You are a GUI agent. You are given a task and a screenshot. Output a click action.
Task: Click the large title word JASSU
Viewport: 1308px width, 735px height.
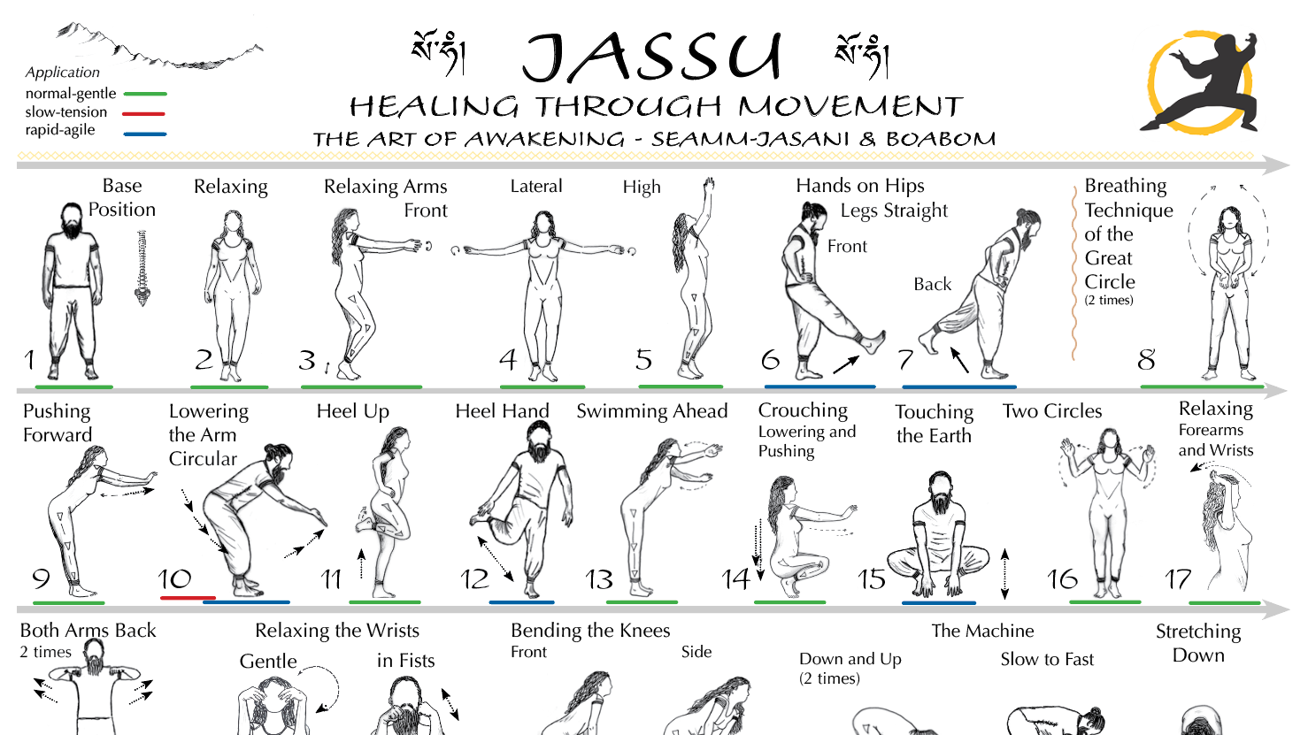click(x=652, y=57)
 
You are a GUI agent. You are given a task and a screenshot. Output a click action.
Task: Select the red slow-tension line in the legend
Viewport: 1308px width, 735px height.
click(x=144, y=113)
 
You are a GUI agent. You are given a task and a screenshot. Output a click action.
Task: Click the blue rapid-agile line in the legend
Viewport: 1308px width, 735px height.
click(x=144, y=134)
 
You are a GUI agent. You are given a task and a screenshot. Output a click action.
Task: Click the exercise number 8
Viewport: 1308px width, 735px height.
click(x=1146, y=360)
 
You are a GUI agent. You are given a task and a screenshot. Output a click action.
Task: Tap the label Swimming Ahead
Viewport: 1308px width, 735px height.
click(x=651, y=411)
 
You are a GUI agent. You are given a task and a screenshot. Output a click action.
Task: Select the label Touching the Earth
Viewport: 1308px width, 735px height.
click(x=934, y=424)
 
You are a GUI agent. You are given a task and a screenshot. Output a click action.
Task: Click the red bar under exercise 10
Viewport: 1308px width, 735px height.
click(x=188, y=598)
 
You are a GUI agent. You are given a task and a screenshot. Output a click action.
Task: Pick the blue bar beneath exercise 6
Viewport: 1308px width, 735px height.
click(x=819, y=387)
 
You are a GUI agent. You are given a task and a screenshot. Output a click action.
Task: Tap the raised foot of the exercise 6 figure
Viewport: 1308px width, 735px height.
click(x=874, y=341)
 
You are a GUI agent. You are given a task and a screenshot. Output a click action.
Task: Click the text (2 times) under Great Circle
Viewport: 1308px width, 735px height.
click(x=1108, y=301)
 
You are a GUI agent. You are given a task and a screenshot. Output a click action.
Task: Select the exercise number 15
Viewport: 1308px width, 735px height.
click(x=871, y=579)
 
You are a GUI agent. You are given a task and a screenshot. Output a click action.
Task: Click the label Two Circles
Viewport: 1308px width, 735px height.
click(x=1051, y=411)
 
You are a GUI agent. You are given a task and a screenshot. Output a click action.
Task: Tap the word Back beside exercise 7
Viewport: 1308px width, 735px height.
click(x=932, y=284)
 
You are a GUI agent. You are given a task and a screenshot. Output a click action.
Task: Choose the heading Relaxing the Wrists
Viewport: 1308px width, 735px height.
click(x=336, y=631)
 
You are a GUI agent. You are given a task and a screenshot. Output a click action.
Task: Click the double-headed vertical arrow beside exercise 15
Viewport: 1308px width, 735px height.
click(x=1004, y=573)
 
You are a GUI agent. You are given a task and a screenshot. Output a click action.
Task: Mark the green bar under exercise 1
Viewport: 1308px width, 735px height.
click(x=73, y=387)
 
